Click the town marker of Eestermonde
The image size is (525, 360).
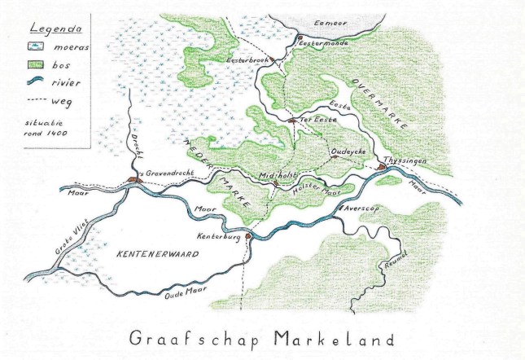(x=300, y=37)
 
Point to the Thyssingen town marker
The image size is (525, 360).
(x=381, y=167)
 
